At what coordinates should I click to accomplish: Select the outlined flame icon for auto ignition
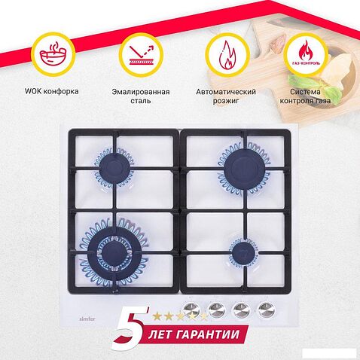pos(227,55)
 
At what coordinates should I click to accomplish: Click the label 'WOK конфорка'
pos(51,91)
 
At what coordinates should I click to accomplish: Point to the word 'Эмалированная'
pos(141,92)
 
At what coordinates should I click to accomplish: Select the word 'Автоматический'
pos(226,92)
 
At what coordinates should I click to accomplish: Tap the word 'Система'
pos(305,92)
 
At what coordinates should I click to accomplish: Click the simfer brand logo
pos(87,319)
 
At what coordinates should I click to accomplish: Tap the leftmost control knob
pos(191,310)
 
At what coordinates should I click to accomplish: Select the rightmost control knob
pos(267,310)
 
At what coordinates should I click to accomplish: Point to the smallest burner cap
pos(243,253)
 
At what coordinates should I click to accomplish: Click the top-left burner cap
pos(114,168)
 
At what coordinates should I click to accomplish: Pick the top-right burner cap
pos(245,166)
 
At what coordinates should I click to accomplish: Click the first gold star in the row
pos(157,316)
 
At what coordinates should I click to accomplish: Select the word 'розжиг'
pos(226,101)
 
